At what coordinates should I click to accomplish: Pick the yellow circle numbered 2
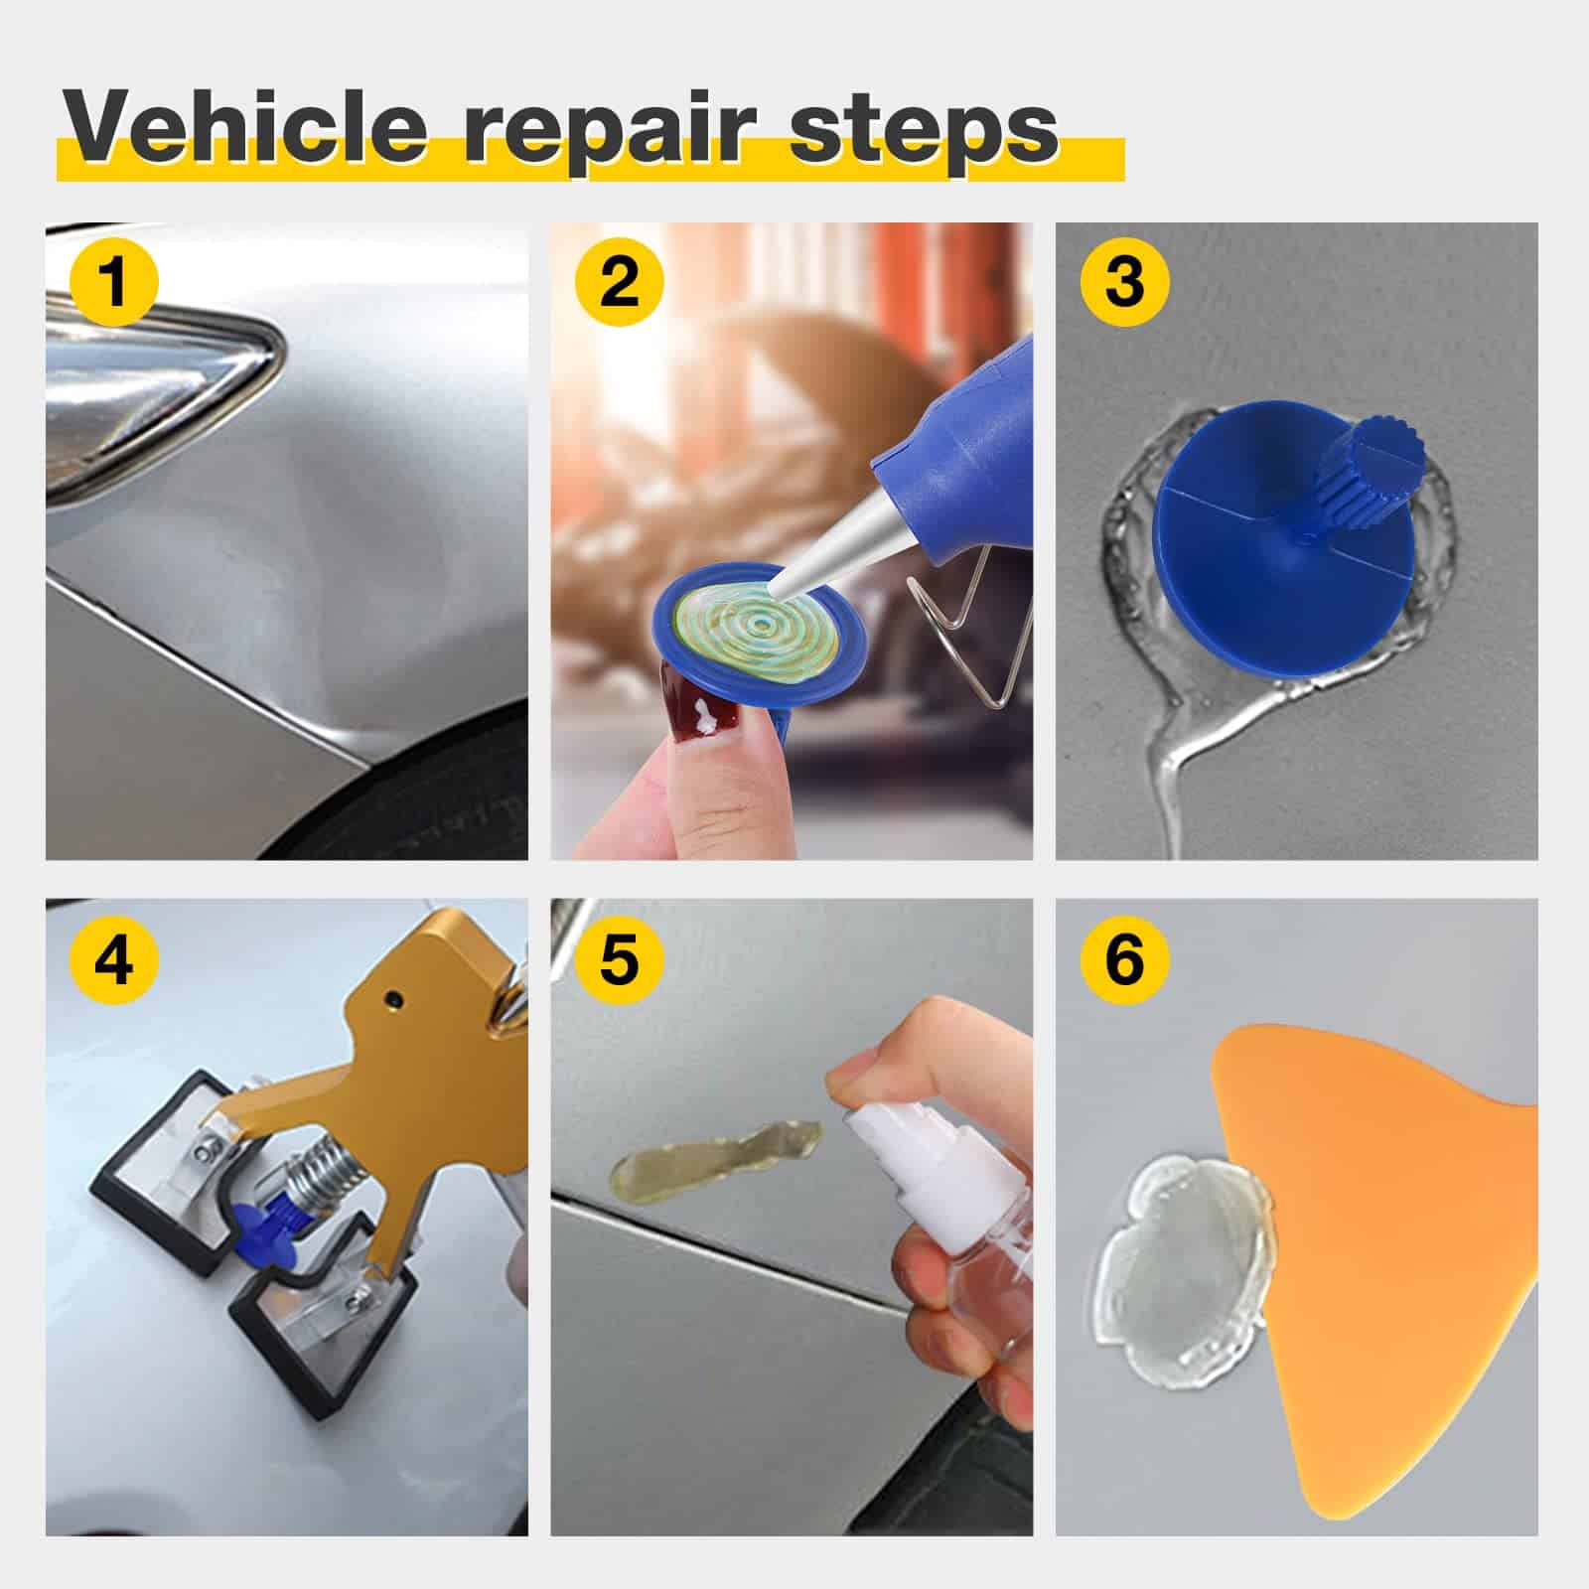(x=620, y=281)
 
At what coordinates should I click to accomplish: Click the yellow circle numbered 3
(x=1124, y=281)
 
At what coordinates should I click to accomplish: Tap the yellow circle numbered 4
(x=115, y=959)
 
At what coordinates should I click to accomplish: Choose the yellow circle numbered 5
(x=620, y=959)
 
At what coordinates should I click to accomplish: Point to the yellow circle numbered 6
(x=1124, y=959)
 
